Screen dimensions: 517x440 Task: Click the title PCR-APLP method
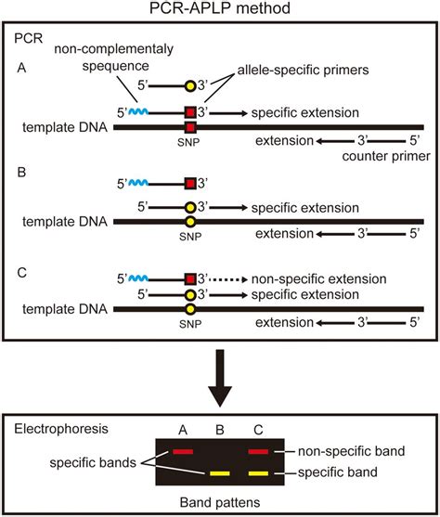coord(220,10)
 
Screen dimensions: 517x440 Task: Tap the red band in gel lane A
coord(182,451)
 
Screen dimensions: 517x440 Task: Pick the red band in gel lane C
coord(260,451)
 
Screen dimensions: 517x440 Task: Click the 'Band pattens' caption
coord(220,503)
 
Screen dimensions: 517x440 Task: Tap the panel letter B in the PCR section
coord(34,172)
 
